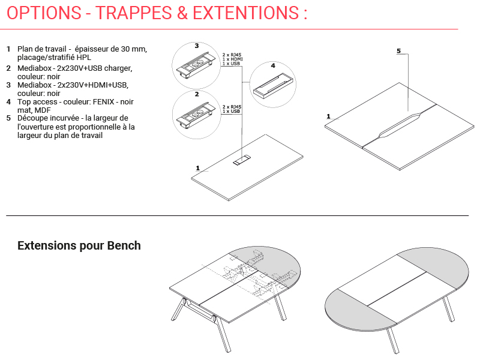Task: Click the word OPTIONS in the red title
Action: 44,13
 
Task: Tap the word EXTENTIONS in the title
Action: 246,13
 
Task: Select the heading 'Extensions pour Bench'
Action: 79,245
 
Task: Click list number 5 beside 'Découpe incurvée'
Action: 8,118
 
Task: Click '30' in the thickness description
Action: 125,49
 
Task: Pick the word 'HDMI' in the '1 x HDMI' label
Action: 236,59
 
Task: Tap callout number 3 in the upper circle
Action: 197,46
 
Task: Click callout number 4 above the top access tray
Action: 273,65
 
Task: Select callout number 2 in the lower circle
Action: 197,94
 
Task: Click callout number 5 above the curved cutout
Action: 398,51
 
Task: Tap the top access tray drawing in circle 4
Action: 273,86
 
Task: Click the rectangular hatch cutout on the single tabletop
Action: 242,160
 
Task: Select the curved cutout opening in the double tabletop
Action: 400,125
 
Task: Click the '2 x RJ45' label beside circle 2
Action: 232,107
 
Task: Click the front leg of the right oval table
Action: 393,340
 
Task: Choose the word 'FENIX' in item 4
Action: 103,102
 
